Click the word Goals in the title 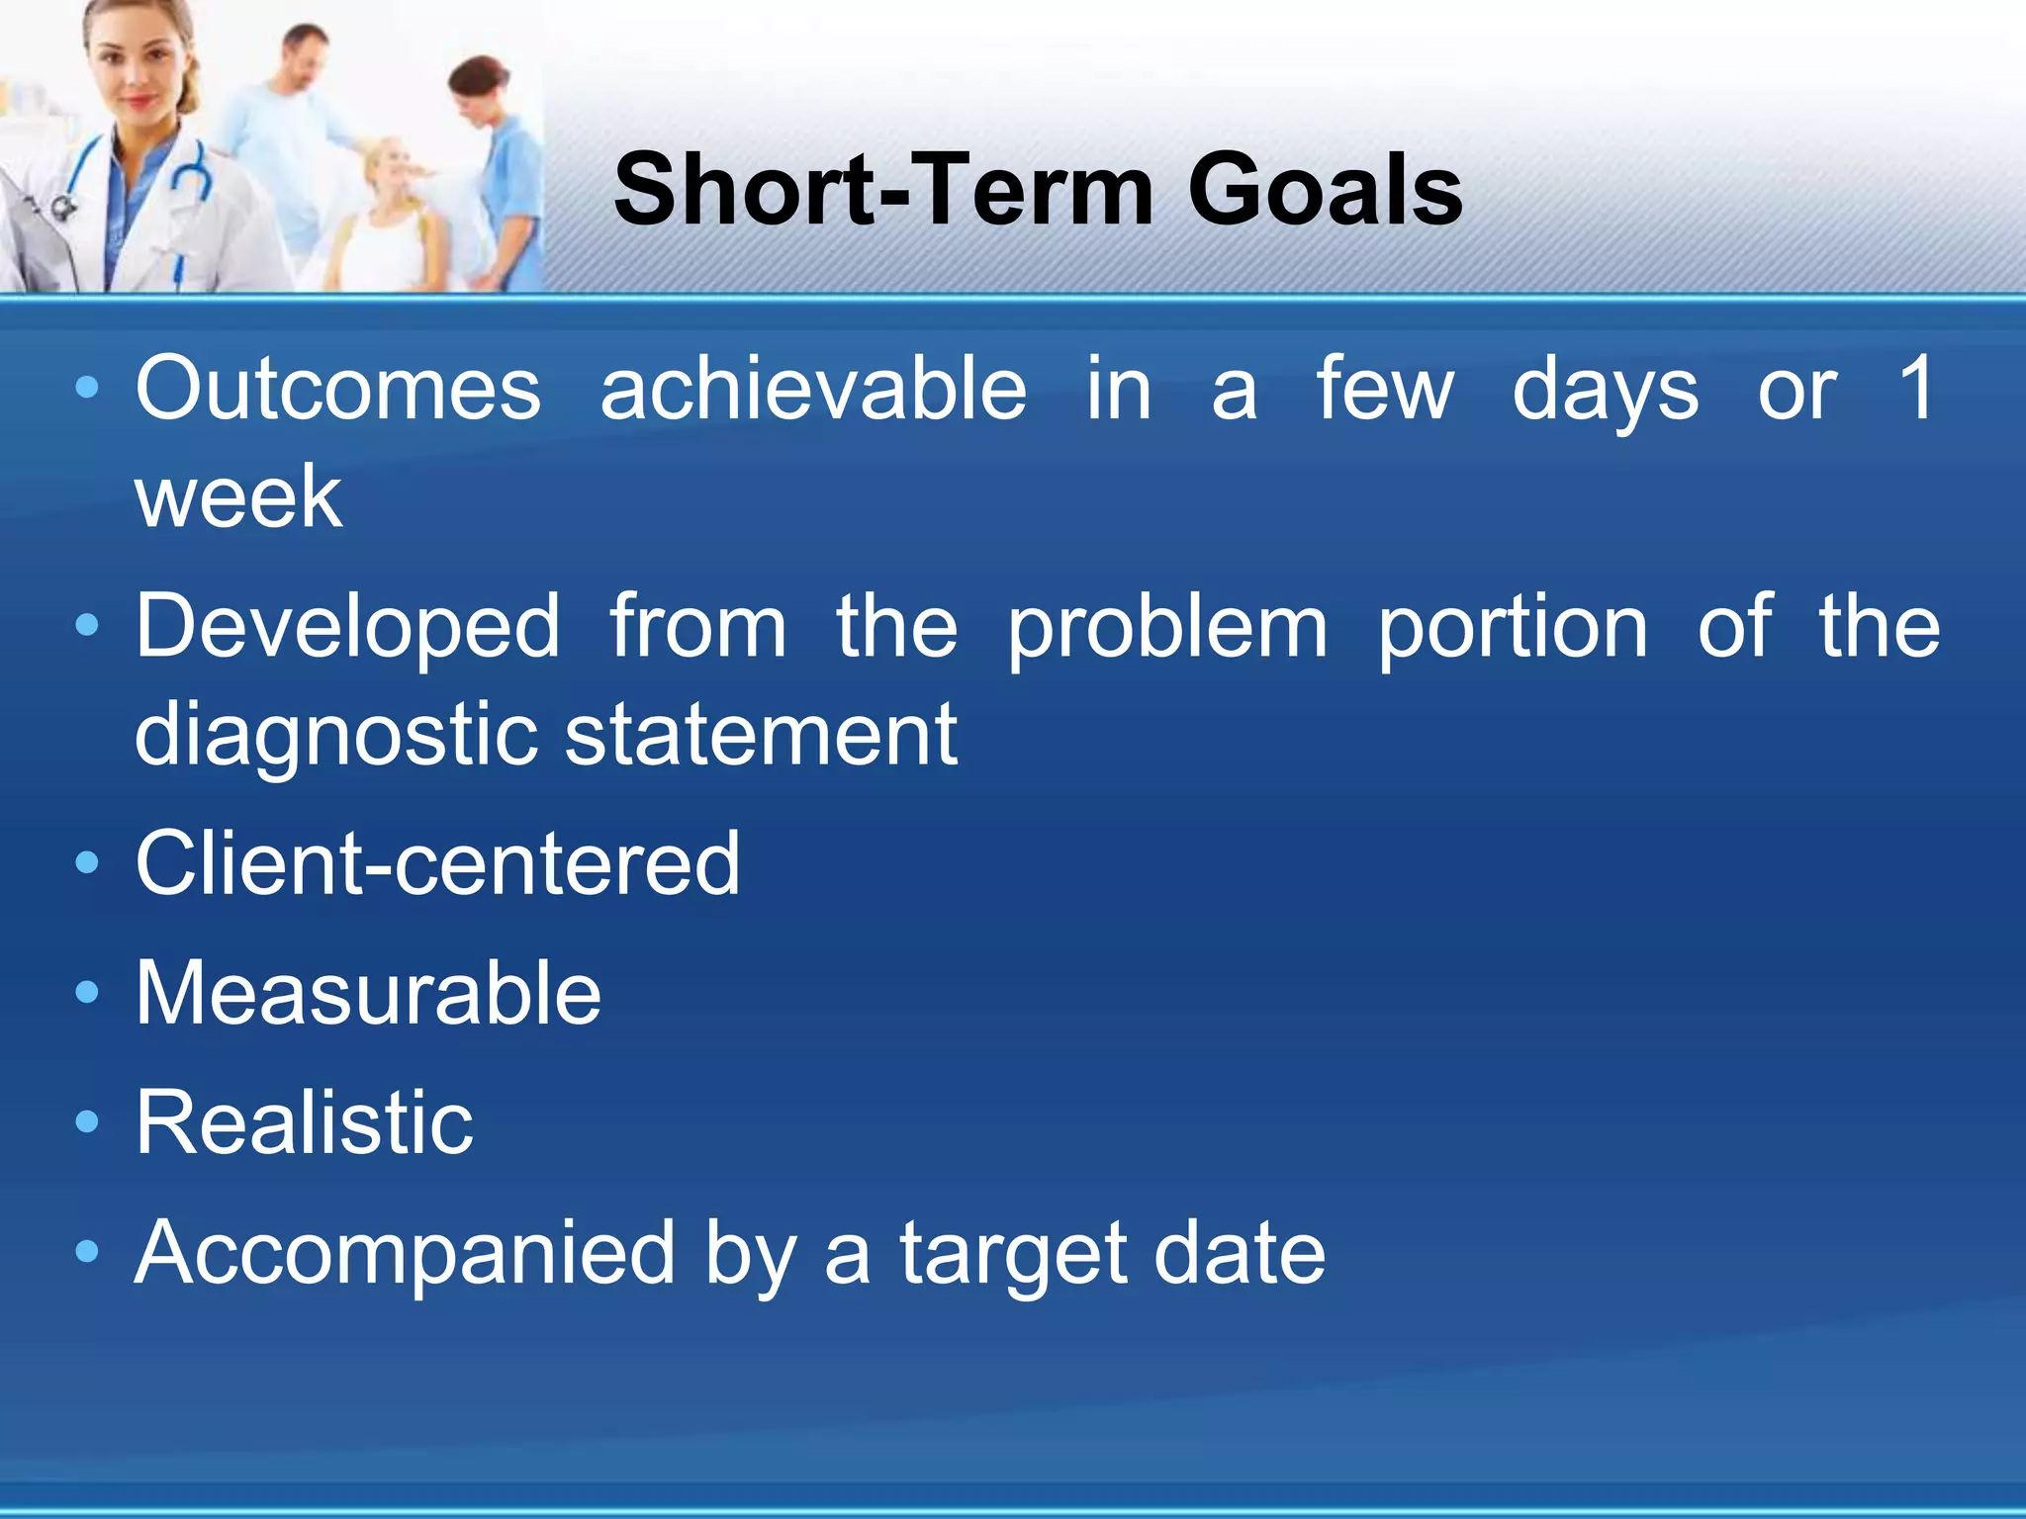click(1326, 190)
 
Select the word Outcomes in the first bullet click(338, 389)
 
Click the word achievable click(813, 389)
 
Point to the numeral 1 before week click(1916, 389)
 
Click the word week click(238, 497)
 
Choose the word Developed click(348, 626)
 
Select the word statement click(761, 735)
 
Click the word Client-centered click(437, 863)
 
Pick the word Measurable click(368, 993)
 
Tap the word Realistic click(305, 1122)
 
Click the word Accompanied click(405, 1254)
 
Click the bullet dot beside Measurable click(87, 992)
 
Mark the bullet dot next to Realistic click(87, 1121)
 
